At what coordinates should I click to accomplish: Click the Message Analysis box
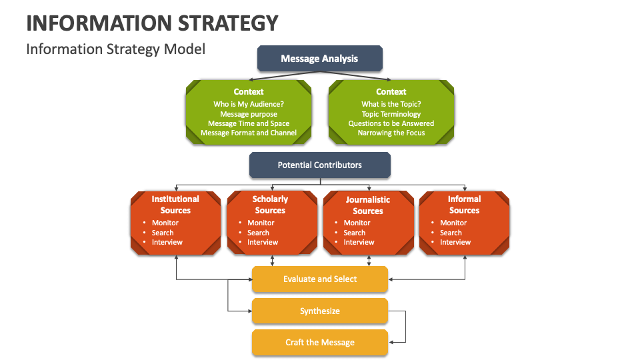pos(320,59)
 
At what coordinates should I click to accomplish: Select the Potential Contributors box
pos(320,165)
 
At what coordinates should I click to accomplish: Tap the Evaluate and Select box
pos(320,279)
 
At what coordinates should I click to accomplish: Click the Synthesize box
pos(320,311)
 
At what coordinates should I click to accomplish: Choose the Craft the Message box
pos(320,343)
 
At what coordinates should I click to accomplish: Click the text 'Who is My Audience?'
pos(249,104)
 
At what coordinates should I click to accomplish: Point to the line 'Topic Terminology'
pos(391,114)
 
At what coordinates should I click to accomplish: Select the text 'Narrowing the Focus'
pos(391,133)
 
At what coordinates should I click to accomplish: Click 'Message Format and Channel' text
pos(249,133)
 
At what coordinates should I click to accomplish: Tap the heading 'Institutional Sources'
pos(175,205)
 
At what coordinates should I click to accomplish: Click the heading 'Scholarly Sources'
pos(270,205)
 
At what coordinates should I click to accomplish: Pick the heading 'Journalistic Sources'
pos(368,205)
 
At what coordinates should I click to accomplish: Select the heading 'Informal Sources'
pos(465,205)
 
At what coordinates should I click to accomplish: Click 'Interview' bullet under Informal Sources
pos(455,242)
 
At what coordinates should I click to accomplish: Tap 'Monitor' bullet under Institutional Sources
pos(165,223)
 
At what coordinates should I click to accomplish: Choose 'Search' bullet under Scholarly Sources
pos(258,233)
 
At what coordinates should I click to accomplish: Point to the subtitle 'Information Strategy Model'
pos(116,49)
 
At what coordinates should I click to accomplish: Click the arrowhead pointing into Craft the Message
pos(392,342)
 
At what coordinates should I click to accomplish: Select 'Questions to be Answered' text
pos(391,123)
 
